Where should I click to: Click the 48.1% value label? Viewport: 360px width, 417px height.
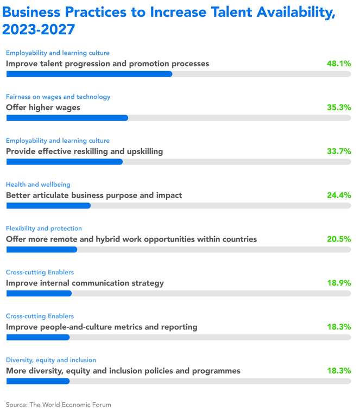point(339,64)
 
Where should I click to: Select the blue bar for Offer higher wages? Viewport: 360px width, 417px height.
point(67,117)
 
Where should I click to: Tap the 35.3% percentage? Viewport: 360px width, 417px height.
point(339,108)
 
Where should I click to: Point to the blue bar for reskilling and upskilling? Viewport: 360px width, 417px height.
point(64,161)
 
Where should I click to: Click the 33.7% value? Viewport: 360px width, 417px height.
point(339,151)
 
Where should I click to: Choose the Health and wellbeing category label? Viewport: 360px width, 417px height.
point(38,185)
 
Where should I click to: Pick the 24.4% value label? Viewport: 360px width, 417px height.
point(339,195)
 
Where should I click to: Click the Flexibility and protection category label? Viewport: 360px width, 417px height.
point(44,229)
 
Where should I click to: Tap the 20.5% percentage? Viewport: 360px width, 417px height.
point(339,239)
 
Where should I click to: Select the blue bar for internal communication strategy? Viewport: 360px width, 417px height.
point(39,293)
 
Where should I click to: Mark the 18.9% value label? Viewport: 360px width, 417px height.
point(339,283)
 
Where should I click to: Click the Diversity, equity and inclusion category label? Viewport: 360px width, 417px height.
point(51,360)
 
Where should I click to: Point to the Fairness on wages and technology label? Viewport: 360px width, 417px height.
point(58,97)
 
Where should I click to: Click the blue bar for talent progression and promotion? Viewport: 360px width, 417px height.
point(89,74)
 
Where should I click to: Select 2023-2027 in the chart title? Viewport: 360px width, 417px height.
point(39,30)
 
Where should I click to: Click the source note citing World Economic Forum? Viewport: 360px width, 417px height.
point(59,405)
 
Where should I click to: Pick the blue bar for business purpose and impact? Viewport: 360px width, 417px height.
point(48,205)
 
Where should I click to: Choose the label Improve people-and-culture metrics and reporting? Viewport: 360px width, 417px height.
point(102,327)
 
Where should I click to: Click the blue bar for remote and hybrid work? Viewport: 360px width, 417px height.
point(41,249)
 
